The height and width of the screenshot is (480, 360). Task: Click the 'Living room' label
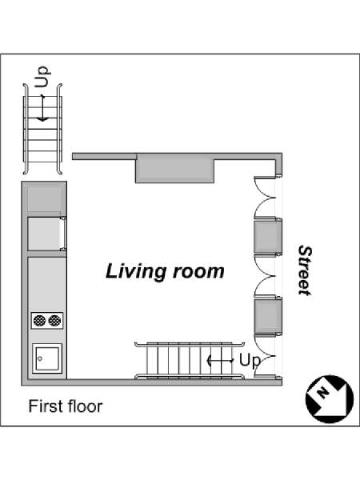click(x=165, y=272)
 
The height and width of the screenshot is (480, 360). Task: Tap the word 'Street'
click(x=306, y=270)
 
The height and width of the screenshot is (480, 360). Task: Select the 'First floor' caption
click(x=66, y=406)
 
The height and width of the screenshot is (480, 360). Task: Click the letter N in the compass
click(x=322, y=392)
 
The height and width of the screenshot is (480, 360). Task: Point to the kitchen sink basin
click(x=47, y=358)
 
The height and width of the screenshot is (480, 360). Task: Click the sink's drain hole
click(x=40, y=358)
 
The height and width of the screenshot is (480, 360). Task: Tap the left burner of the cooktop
click(x=39, y=320)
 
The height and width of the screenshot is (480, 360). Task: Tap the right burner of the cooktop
click(x=54, y=320)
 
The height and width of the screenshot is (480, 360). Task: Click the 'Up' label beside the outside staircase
click(x=42, y=77)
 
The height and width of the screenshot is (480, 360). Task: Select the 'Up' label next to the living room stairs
click(x=250, y=360)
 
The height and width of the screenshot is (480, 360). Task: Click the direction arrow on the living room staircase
click(x=220, y=361)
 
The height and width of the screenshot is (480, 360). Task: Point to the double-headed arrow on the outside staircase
click(x=42, y=107)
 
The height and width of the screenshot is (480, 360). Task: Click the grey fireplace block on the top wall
click(x=174, y=168)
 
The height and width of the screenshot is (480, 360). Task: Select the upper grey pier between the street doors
click(x=268, y=236)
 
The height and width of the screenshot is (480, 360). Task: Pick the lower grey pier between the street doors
click(x=268, y=317)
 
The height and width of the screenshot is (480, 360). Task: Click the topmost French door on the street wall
click(x=265, y=197)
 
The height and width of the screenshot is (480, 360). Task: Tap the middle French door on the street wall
click(x=265, y=276)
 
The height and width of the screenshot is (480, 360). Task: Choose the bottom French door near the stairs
click(x=265, y=356)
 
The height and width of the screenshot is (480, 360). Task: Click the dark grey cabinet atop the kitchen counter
click(x=47, y=198)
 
